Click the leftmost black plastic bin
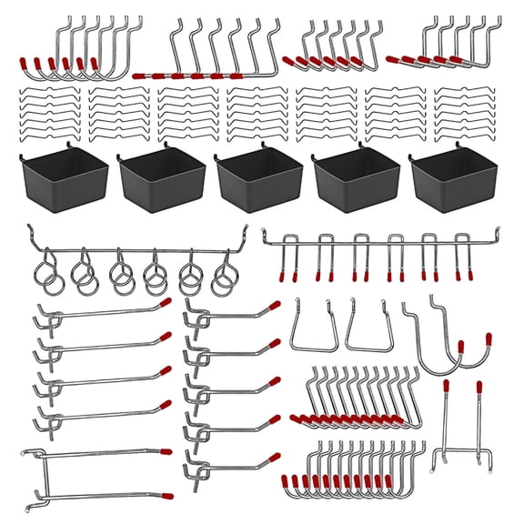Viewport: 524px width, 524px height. pyautogui.click(x=62, y=177)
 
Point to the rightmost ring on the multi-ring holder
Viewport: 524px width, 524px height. pyautogui.click(x=222, y=277)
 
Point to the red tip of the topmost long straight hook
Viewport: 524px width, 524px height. pyautogui.click(x=165, y=302)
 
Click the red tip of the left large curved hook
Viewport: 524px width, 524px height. pyautogui.click(x=461, y=347)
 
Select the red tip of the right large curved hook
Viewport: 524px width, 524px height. pyautogui.click(x=489, y=338)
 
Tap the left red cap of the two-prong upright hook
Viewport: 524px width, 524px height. pyautogui.click(x=447, y=386)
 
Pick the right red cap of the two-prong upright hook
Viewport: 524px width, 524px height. pyautogui.click(x=478, y=386)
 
